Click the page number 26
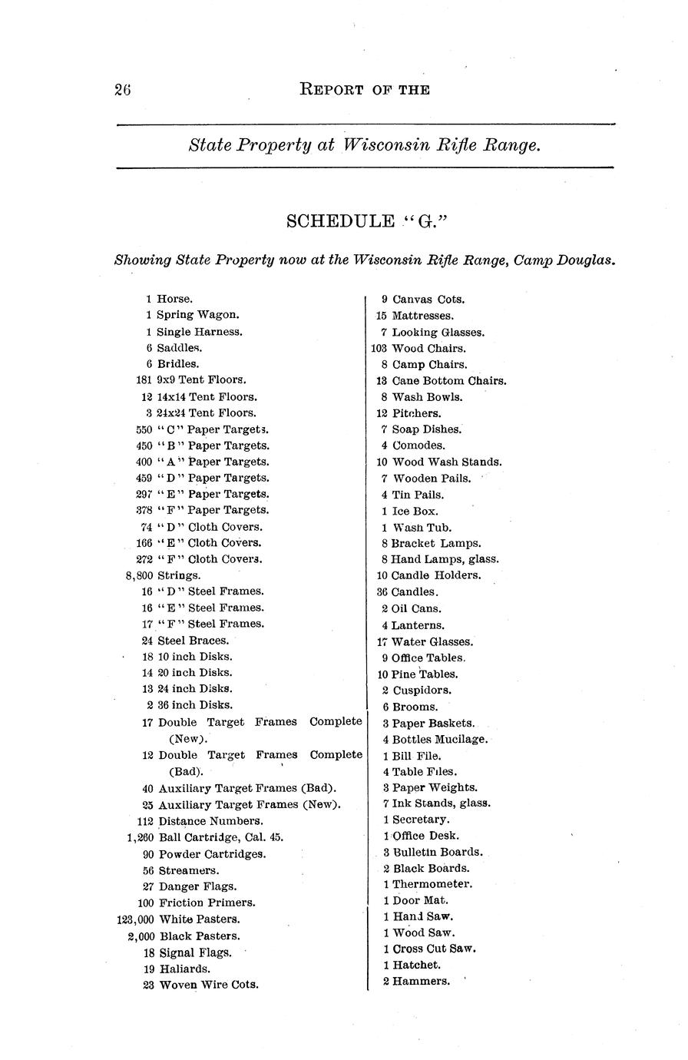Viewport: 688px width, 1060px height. coord(123,90)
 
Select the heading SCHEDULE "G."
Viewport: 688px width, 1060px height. coord(365,222)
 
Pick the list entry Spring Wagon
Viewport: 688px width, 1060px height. coord(197,315)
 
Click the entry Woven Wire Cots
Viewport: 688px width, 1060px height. coord(208,985)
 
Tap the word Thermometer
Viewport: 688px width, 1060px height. coord(432,884)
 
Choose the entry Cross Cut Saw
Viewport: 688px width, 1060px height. coord(434,949)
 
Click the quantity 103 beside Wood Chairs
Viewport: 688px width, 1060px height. coord(379,348)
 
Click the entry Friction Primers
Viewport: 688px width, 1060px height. coord(207,903)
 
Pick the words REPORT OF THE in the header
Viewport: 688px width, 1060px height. coord(364,90)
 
